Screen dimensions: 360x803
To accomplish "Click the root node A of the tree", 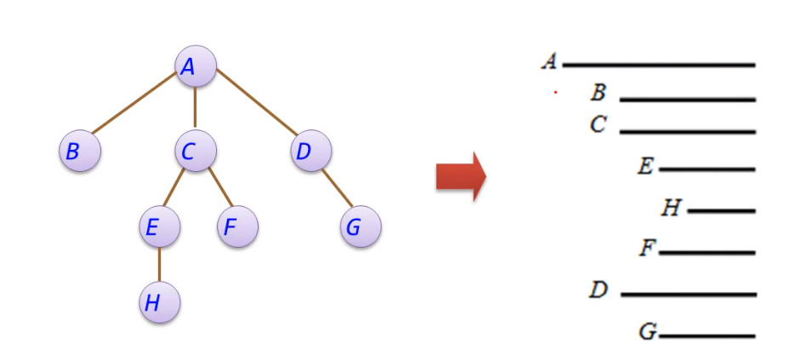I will click(196, 66).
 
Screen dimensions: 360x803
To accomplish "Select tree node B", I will click(80, 151).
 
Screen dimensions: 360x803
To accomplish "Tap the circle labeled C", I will click(196, 151).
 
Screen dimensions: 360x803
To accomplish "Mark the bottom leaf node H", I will click(159, 302).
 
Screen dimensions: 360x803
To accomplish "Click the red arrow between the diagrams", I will click(460, 177).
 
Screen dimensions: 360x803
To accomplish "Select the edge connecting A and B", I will click(136, 107).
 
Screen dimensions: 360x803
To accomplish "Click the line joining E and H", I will click(159, 265).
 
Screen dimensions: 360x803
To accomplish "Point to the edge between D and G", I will click(336, 190).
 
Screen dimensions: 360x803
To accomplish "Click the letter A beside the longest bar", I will click(550, 61).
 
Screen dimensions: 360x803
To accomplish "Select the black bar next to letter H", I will click(721, 210).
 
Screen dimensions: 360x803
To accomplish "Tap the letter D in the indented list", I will click(599, 290).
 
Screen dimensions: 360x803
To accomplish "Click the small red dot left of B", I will click(555, 92).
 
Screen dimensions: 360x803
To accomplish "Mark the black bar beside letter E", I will click(707, 169).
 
